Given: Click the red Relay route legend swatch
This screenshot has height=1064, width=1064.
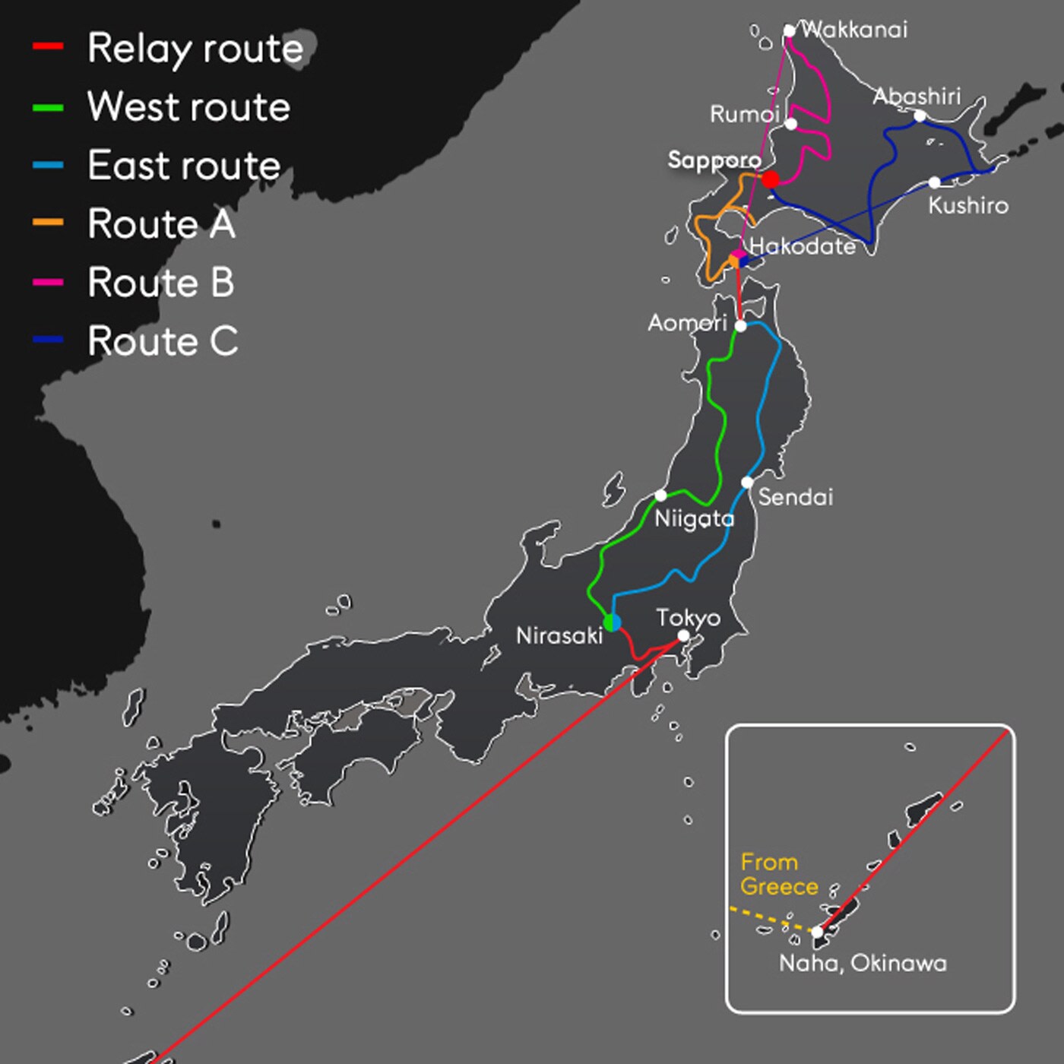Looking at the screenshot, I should tap(47, 47).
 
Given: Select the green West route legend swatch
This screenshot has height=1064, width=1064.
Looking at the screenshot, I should tap(47, 107).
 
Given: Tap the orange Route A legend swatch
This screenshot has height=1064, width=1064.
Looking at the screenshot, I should tap(47, 223).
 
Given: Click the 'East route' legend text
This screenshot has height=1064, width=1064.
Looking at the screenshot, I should tap(184, 165).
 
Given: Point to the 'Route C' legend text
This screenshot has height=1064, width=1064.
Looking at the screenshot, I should tap(163, 340).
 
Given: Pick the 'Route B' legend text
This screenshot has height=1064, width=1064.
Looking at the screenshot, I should tap(160, 282).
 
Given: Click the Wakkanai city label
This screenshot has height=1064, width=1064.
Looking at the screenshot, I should tap(854, 30).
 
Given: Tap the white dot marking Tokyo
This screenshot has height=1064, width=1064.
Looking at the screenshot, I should tap(683, 635).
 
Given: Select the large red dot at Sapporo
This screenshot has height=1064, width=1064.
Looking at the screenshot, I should tap(770, 179).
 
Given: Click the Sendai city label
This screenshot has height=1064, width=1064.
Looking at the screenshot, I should tap(795, 497).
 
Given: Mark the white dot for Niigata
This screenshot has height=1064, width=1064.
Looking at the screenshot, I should tap(660, 496).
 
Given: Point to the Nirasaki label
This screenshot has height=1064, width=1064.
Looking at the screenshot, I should tap(559, 635).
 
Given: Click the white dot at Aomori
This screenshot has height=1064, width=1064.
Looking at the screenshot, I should tap(741, 326).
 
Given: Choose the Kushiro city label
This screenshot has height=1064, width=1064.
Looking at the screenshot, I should tap(968, 205).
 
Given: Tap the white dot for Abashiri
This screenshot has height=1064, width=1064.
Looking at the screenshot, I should tap(920, 116).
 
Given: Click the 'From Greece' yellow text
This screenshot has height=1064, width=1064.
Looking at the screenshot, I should tap(778, 874).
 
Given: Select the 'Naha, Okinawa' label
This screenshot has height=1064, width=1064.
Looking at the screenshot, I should tap(863, 963).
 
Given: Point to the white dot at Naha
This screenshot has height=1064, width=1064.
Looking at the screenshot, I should tap(817, 931).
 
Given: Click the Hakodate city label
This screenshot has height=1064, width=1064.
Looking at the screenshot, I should tap(803, 245).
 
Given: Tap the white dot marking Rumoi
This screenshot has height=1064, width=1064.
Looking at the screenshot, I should tap(791, 124).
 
